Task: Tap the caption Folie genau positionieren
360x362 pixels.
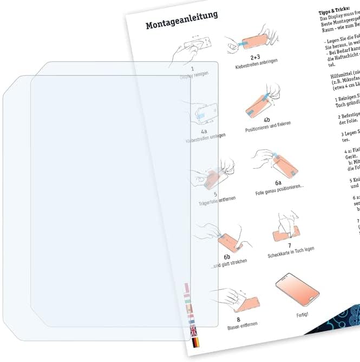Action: click(x=279, y=193)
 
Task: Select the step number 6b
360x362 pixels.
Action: click(x=227, y=257)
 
